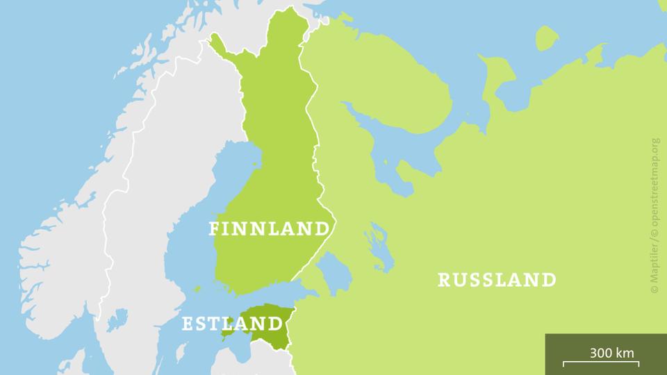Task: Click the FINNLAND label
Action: pos(269,229)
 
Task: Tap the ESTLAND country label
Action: pos(232,324)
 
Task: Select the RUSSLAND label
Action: pos(497,280)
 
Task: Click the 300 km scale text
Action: pos(611,352)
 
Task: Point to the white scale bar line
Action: pos(600,362)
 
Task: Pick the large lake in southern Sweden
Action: pos(119,320)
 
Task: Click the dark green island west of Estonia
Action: pos(228,333)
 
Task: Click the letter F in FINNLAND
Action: pos(215,229)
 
